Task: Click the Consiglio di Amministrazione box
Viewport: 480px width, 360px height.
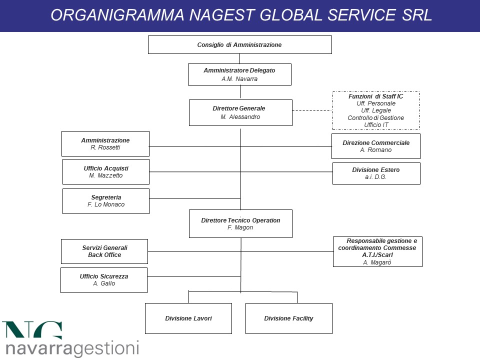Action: (239, 44)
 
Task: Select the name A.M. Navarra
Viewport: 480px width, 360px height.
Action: (239, 79)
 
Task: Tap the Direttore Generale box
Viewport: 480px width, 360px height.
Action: (240, 112)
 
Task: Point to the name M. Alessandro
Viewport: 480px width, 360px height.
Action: (240, 117)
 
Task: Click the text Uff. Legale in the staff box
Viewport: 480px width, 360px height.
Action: (376, 110)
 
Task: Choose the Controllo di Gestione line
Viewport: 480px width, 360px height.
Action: (375, 118)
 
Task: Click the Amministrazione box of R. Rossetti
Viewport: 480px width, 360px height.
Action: (105, 144)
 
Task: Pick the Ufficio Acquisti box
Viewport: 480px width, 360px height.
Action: (106, 171)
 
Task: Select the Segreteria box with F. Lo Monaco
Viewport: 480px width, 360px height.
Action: (106, 201)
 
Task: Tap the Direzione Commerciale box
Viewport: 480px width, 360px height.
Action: (376, 146)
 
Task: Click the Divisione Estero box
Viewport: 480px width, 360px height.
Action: (376, 173)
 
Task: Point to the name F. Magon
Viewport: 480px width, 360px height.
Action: (240, 227)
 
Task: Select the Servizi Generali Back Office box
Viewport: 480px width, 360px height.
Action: (104, 251)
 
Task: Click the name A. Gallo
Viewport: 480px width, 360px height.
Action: (104, 283)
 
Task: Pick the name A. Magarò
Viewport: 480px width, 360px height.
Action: (377, 262)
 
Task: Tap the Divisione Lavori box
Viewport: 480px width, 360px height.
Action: (188, 318)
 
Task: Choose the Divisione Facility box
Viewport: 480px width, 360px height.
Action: (288, 318)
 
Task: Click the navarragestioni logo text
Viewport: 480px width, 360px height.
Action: (72, 348)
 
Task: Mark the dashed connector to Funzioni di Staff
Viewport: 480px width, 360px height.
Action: (312, 110)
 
